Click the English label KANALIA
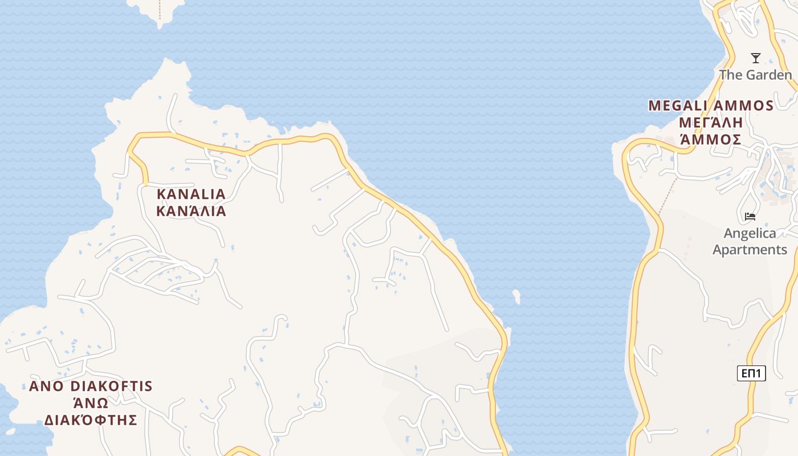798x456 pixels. tap(192, 194)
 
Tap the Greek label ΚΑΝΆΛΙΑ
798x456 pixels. tap(192, 211)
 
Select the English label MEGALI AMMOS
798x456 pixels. tap(711, 105)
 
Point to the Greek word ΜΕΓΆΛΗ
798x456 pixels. tap(711, 123)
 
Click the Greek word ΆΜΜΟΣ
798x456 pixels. tap(711, 140)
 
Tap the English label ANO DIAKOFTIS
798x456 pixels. tap(91, 386)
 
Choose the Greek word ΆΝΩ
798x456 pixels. tap(91, 404)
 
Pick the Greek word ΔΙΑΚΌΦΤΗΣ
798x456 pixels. tap(91, 421)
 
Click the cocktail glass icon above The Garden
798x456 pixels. tap(756, 58)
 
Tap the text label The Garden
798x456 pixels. tap(755, 75)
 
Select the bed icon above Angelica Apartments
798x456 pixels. tap(750, 217)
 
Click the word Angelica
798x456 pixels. tap(750, 233)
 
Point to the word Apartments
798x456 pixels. tap(750, 250)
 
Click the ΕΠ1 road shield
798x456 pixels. tap(752, 373)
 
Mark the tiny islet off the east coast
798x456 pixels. tap(517, 296)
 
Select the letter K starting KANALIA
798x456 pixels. tap(161, 194)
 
